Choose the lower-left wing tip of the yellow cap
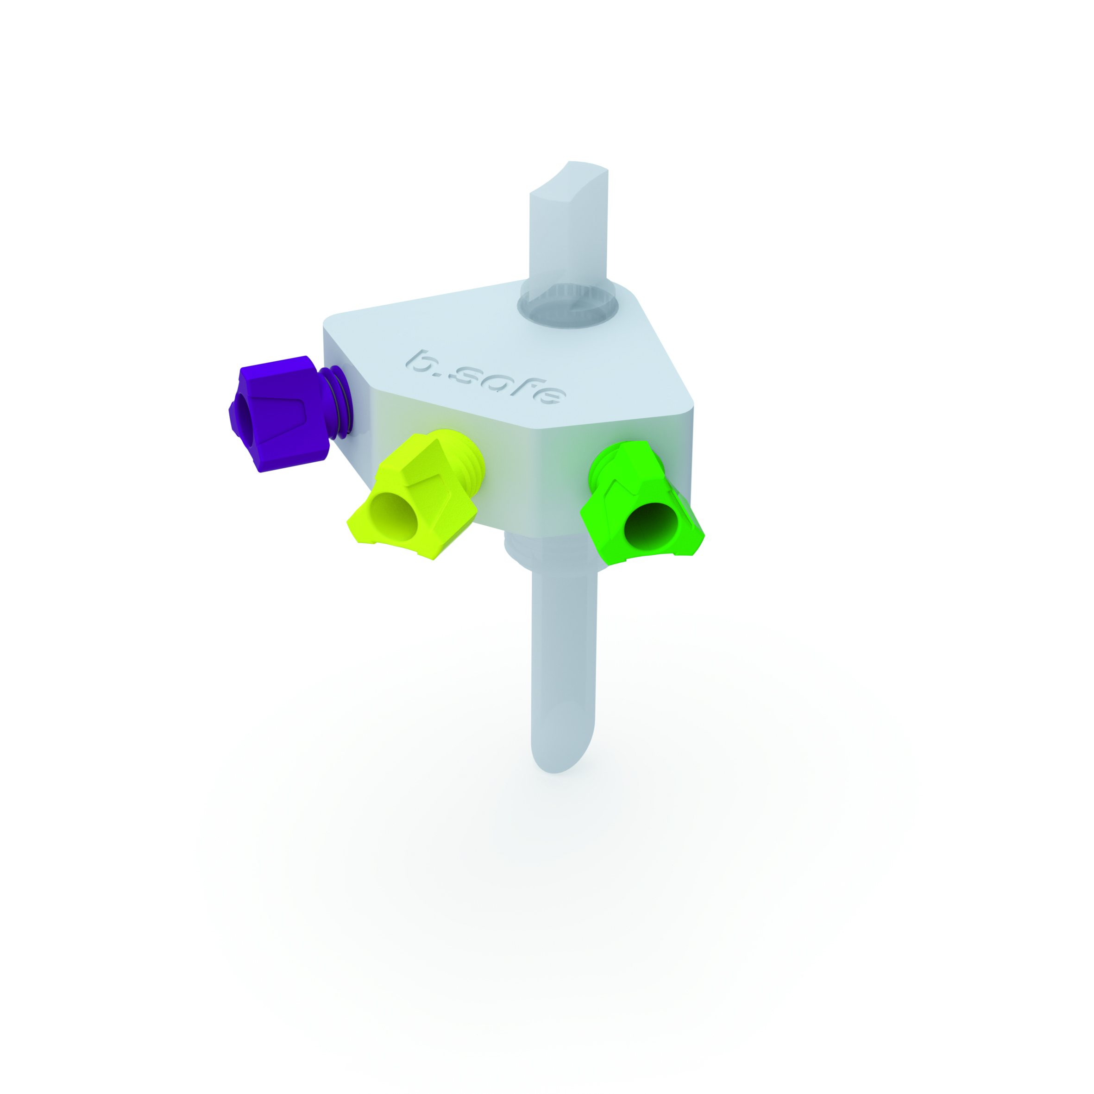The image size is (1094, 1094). pyautogui.click(x=353, y=532)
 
